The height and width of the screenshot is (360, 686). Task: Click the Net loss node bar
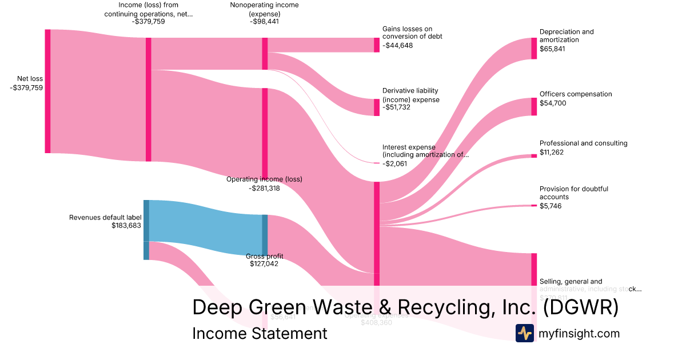pos(47,91)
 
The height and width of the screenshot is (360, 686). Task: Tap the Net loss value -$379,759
pos(26,87)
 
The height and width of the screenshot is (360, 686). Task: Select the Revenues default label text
pos(105,218)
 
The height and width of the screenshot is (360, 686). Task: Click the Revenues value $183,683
pos(126,226)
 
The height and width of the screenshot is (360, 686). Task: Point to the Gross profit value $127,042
pos(264,264)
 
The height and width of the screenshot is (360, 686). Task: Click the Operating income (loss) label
pos(264,179)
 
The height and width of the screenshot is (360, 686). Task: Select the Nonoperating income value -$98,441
pos(264,22)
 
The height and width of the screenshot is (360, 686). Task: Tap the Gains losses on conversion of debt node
pos(377,45)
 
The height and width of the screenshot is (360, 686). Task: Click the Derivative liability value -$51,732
pos(397,107)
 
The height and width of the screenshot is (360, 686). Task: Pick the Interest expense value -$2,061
pos(396,163)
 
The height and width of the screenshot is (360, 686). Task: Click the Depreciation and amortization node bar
pos(534,49)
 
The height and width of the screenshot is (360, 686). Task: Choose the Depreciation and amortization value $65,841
pos(552,49)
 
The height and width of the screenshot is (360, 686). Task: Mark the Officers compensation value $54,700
pos(552,103)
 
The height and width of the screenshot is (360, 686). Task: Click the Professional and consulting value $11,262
pos(552,152)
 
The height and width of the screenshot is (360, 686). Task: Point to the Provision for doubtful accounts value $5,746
pos(551,206)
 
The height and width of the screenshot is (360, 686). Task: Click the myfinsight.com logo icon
pos(525,333)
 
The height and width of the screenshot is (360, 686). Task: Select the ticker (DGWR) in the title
pos(580,307)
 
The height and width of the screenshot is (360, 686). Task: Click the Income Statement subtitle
pos(260,333)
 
